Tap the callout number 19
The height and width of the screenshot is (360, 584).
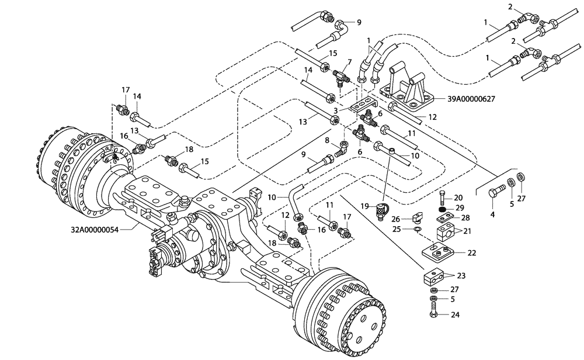pyautogui.click(x=364, y=206)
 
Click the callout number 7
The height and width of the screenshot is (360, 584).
pyautogui.click(x=349, y=62)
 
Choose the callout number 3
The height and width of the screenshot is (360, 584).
pyautogui.click(x=336, y=110)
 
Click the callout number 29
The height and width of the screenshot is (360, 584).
pyautogui.click(x=460, y=208)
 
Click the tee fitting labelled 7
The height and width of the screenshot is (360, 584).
pyautogui.click(x=342, y=75)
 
